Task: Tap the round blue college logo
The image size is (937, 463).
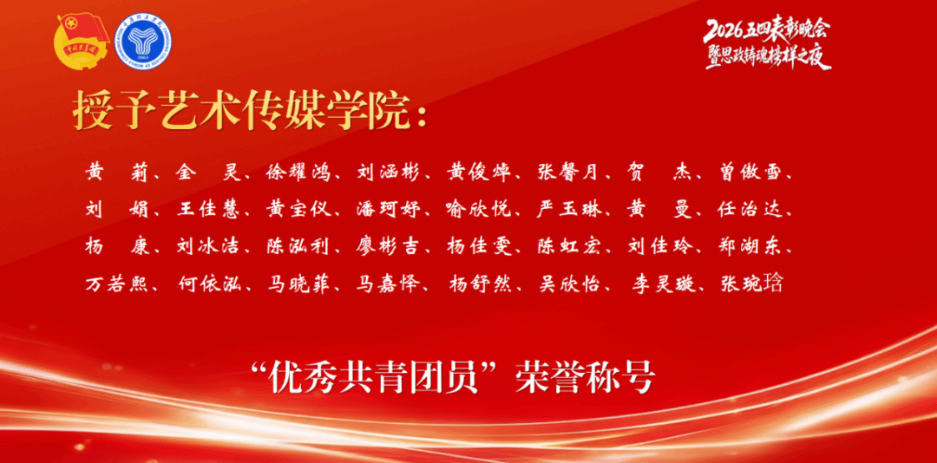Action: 143,42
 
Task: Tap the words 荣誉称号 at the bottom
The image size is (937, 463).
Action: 590,377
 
